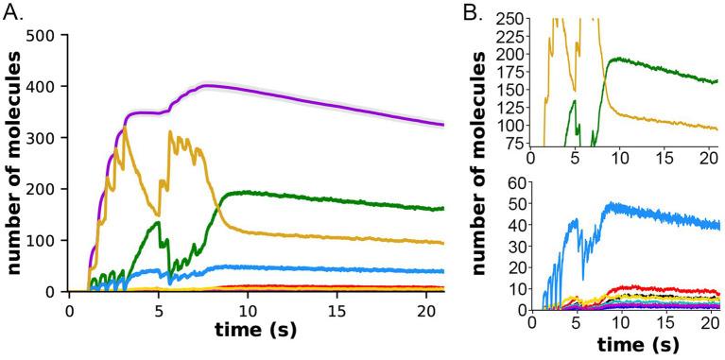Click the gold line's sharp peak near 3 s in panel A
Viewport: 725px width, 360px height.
coord(124,128)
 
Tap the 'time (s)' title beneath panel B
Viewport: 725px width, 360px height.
coord(625,344)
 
